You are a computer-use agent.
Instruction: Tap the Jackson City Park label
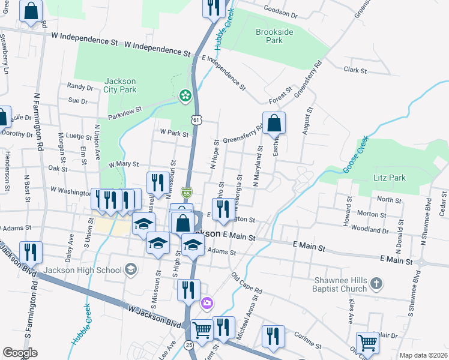[120, 86]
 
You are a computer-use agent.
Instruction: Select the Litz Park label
[390, 178]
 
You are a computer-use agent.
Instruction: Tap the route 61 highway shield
[196, 120]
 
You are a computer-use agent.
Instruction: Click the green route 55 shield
[187, 193]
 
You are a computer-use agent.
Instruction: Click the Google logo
[20, 352]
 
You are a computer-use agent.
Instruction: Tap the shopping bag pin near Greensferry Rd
[274, 123]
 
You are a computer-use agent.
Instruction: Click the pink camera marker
[208, 304]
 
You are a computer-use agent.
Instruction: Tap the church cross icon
[376, 283]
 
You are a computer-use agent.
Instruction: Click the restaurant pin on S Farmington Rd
[30, 251]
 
